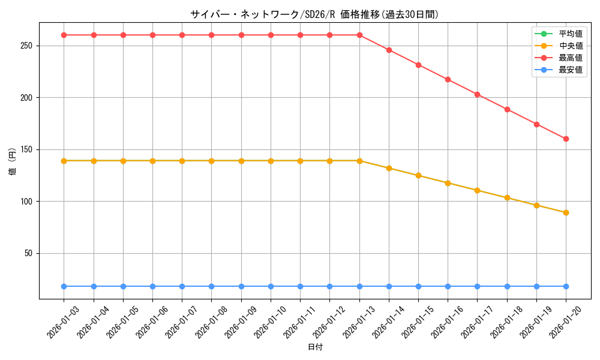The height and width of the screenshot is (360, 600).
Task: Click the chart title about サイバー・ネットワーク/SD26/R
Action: coord(315,14)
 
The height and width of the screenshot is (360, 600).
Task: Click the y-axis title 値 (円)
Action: coord(13,161)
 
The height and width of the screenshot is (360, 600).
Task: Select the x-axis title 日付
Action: coord(315,347)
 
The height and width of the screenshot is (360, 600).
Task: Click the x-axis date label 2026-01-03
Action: coord(63,322)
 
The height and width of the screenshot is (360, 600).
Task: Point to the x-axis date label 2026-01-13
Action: coord(358,322)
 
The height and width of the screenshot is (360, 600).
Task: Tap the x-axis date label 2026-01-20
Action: coord(565,322)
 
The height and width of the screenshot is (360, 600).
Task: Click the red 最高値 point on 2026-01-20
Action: coord(566,139)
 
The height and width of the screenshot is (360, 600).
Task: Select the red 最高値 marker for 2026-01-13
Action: coord(359,35)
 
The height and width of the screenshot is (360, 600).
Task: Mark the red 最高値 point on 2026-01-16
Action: coord(448,79)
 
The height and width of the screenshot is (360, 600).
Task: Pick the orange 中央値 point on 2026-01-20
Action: coord(566,212)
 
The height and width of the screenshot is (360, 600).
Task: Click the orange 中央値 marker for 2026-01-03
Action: coord(64,161)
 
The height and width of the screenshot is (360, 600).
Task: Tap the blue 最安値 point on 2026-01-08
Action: coord(211,286)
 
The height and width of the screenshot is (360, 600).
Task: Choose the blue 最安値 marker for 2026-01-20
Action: coord(566,286)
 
